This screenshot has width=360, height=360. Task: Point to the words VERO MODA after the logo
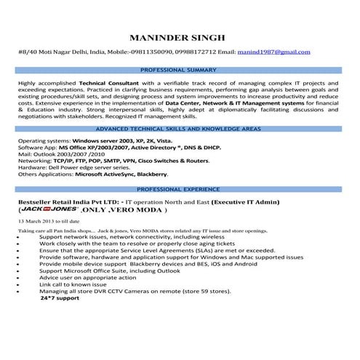(137, 209)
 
